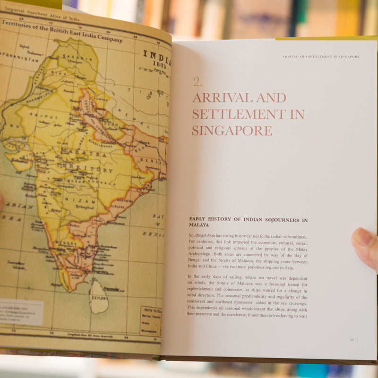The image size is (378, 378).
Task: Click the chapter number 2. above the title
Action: (198, 82)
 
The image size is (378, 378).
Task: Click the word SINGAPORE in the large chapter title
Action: (232, 130)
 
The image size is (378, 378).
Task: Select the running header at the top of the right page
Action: (321, 57)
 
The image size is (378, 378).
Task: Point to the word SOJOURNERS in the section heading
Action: (278, 220)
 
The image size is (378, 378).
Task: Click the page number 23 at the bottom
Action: (352, 339)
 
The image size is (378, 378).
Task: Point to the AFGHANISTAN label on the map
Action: (19, 60)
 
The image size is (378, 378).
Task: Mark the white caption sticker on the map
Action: (21, 312)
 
